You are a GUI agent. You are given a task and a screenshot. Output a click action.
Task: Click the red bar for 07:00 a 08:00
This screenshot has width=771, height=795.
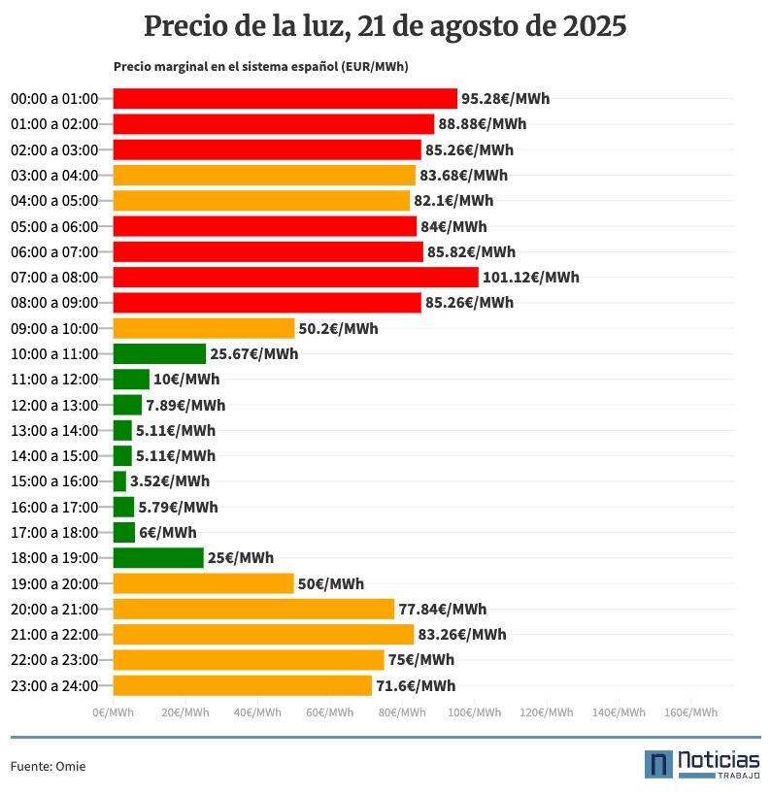(295, 278)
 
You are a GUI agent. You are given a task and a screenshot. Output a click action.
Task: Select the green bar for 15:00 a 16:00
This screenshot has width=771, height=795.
(119, 481)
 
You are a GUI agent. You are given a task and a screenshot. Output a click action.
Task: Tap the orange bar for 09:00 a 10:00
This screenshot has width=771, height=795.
(204, 328)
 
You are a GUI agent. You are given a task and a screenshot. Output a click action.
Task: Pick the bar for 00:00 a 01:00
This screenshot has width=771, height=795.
(285, 99)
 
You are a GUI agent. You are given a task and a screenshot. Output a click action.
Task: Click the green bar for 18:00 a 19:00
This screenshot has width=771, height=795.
(158, 558)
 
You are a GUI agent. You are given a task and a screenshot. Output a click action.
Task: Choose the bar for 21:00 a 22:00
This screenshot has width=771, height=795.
(263, 635)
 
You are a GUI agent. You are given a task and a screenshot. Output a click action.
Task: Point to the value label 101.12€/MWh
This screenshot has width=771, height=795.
(531, 278)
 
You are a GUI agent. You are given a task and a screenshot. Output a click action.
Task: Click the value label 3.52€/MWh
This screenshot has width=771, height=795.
(170, 481)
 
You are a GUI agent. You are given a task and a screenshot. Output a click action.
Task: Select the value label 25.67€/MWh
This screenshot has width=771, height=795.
(254, 354)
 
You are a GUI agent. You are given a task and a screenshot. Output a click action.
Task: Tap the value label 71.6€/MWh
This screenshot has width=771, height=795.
(416, 686)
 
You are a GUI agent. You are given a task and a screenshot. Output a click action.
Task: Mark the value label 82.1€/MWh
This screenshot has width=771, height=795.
(453, 201)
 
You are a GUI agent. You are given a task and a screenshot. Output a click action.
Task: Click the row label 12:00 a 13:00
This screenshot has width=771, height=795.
(54, 405)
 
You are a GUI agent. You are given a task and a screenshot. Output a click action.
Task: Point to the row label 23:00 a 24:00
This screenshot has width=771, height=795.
(54, 686)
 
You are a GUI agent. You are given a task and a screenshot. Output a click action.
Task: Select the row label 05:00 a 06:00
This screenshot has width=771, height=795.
(54, 227)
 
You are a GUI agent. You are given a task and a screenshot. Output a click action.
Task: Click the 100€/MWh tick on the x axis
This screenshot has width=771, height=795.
(474, 712)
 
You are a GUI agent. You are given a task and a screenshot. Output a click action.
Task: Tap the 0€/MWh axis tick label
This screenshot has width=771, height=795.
(114, 712)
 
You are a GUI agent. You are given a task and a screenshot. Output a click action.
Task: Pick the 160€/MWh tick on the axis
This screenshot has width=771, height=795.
(690, 712)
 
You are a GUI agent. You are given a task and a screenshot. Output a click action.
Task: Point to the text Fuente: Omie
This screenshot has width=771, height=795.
(48, 767)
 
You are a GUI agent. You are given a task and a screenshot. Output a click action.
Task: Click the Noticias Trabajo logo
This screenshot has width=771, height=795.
(701, 764)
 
